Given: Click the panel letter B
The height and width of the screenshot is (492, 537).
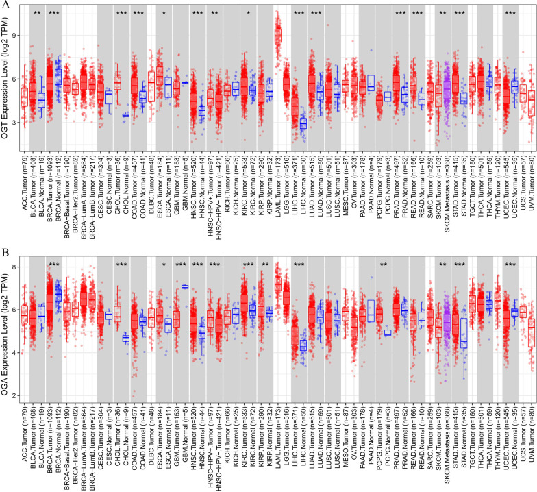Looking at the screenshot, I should pyautogui.click(x=5, y=252).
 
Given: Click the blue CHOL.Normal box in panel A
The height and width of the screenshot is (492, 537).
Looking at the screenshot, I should pyautogui.click(x=125, y=115).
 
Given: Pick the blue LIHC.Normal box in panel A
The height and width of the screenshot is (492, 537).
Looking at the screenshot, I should pyautogui.click(x=303, y=123).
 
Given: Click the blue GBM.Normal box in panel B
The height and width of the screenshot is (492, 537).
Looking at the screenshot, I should pyautogui.click(x=185, y=287).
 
